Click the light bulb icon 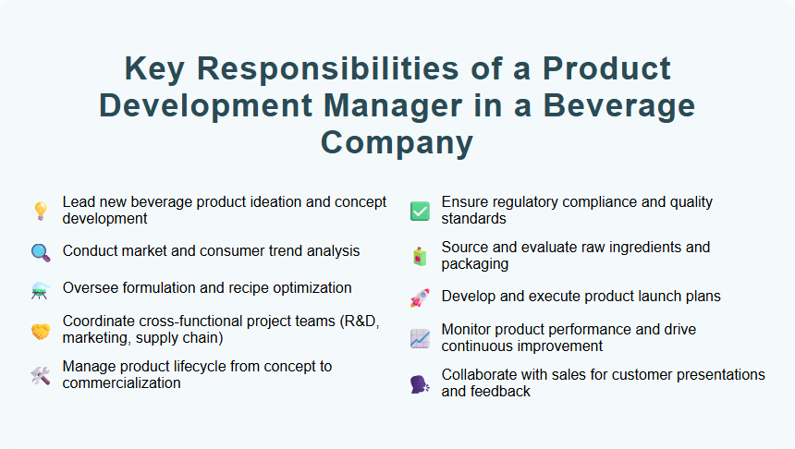tap(40, 211)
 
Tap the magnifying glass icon tap(40, 251)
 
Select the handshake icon tap(40, 330)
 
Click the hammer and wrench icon tap(40, 375)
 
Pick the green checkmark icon tap(420, 211)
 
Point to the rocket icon tap(420, 297)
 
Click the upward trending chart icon tap(420, 338)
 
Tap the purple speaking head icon tap(420, 383)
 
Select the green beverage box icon tap(420, 256)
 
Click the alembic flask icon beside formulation tap(40, 289)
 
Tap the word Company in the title tap(397, 142)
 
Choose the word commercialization tap(121, 382)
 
